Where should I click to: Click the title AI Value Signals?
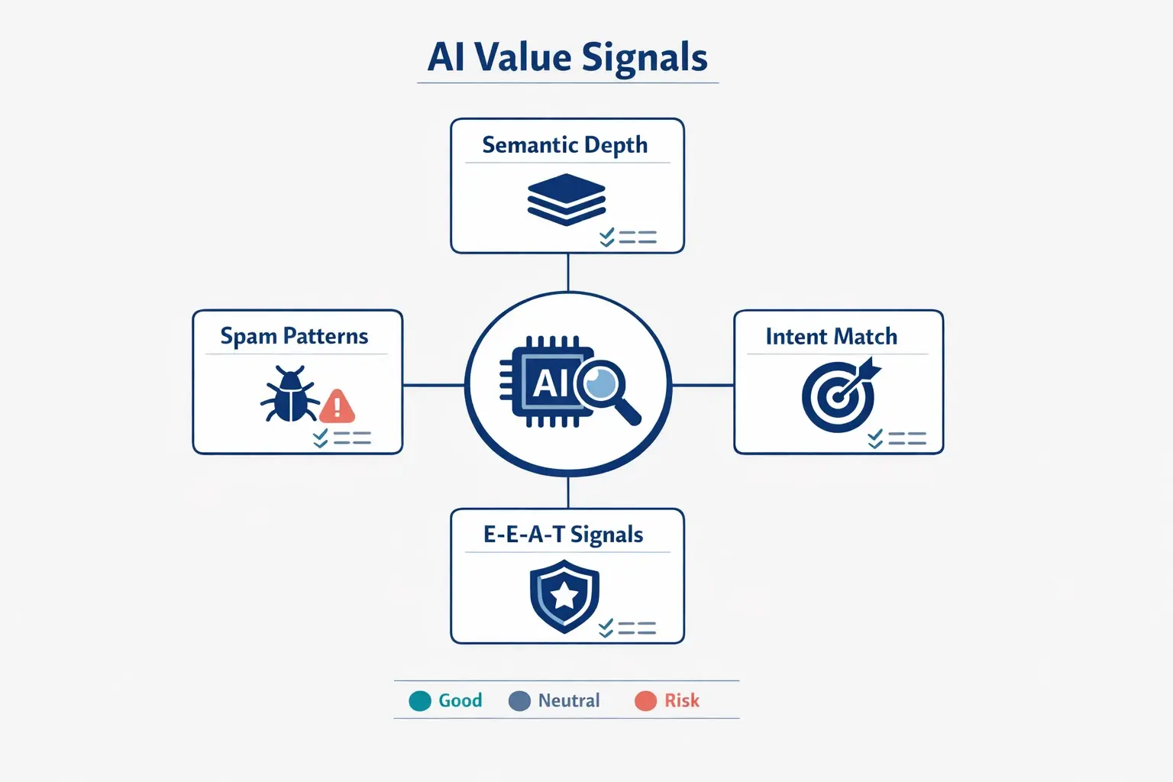click(x=567, y=57)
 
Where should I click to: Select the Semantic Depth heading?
click(x=565, y=144)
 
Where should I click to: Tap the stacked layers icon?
click(x=567, y=199)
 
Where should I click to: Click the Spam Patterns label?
click(x=294, y=336)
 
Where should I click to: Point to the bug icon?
click(x=289, y=395)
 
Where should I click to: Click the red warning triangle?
click(x=337, y=406)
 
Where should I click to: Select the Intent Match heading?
click(x=831, y=337)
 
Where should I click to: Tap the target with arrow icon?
click(x=840, y=395)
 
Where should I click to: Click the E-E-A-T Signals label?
click(x=564, y=535)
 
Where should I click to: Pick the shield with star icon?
click(x=564, y=596)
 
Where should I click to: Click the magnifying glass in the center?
click(x=607, y=389)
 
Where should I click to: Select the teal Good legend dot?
click(x=420, y=700)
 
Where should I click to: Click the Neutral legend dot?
click(x=519, y=700)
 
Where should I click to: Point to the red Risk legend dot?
click(x=645, y=700)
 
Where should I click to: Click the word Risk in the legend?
click(x=682, y=700)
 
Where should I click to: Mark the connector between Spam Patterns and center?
click(x=434, y=385)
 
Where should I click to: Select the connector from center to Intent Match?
click(x=703, y=385)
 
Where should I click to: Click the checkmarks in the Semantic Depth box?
click(x=607, y=238)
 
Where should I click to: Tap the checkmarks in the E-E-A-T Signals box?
click(x=606, y=629)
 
